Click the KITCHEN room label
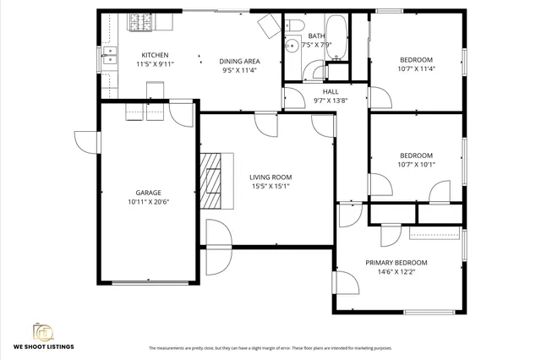tap(154, 54)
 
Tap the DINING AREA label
tap(239, 61)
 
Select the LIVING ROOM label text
tap(270, 177)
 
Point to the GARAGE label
tap(149, 193)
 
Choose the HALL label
tap(331, 90)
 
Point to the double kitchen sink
tap(108, 57)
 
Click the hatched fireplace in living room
tap(215, 180)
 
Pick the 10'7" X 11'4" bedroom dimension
tap(416, 69)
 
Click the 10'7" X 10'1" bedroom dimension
tap(416, 165)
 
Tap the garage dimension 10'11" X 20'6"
tap(149, 203)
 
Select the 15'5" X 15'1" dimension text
tap(270, 187)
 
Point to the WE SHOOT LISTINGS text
tap(43, 346)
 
